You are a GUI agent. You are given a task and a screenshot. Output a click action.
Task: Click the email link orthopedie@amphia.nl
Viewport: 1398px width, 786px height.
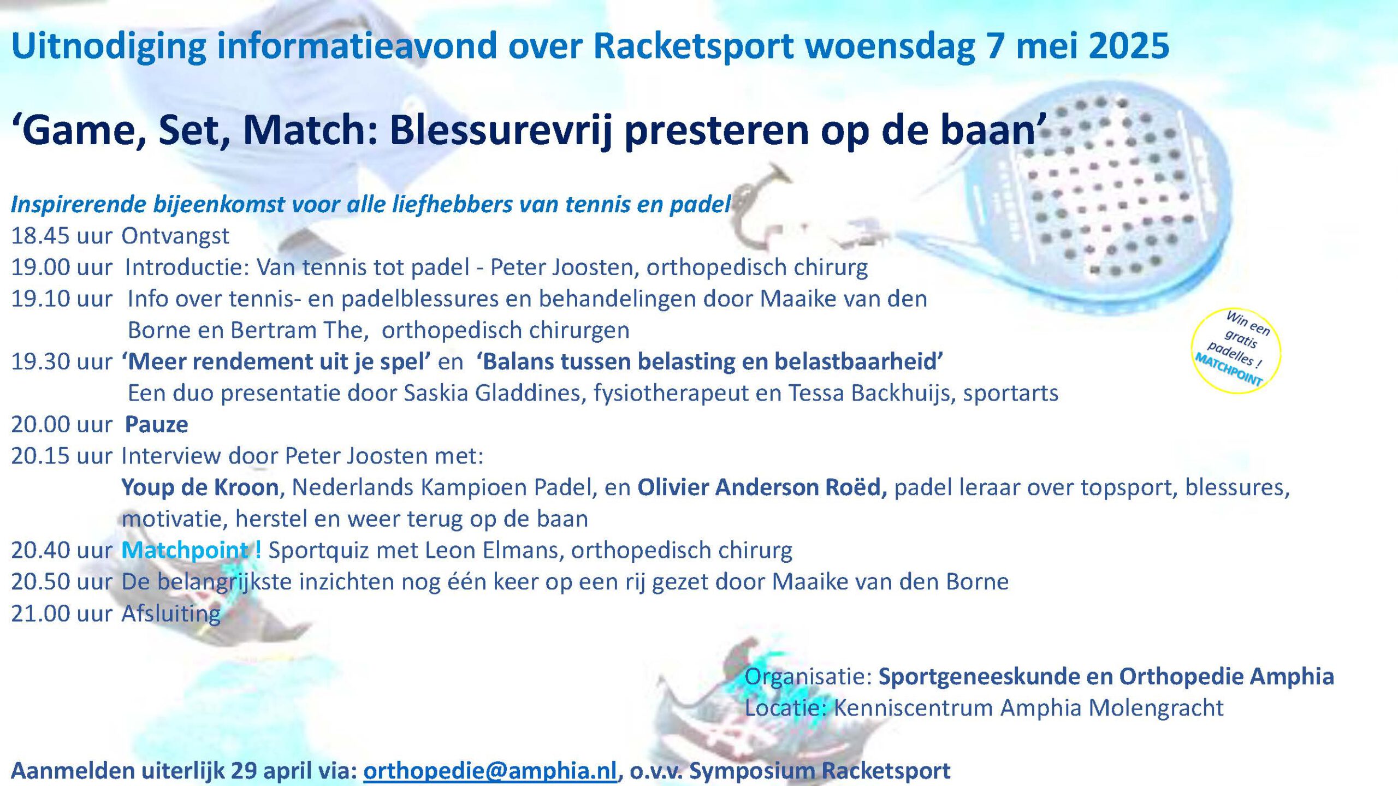coord(490,770)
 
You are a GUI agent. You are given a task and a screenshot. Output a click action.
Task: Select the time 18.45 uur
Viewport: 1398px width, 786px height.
coord(62,236)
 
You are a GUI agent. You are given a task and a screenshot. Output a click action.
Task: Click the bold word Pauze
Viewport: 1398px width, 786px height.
coord(157,424)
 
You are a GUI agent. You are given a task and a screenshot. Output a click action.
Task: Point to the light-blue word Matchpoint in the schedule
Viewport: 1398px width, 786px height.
coord(185,550)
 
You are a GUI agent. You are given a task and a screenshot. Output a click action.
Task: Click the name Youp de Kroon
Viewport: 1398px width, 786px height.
coord(200,487)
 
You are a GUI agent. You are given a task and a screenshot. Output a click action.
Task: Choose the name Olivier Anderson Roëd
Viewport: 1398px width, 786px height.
coord(762,487)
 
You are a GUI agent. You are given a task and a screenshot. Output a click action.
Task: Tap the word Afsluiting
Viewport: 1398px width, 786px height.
coord(171,613)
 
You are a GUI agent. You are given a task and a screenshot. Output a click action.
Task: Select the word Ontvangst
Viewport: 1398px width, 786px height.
coord(175,236)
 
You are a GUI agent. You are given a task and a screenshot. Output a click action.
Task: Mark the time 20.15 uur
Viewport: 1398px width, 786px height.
coord(62,456)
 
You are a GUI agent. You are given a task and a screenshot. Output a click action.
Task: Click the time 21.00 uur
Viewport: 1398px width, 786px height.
coord(62,614)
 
